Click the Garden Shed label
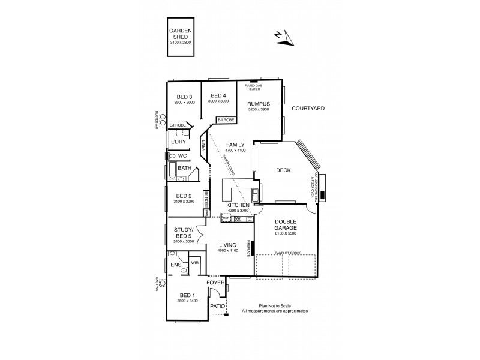coord(179,32)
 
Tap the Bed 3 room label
coord(184,97)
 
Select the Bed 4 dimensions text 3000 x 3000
coord(218,101)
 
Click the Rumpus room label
coord(259,104)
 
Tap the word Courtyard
coord(308,109)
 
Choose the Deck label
coord(283,170)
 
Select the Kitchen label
coord(238,205)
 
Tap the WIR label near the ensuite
coord(194,263)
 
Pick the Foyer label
coord(215,282)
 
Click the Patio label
coord(217,306)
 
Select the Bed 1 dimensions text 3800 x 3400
coord(188,301)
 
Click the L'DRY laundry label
coord(178,142)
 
